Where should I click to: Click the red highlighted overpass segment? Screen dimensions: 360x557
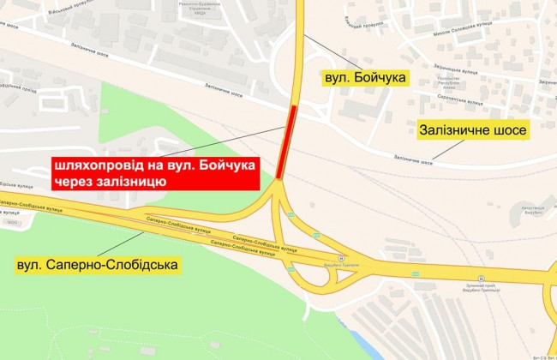(291, 141)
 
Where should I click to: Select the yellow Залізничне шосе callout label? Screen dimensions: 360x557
(472, 131)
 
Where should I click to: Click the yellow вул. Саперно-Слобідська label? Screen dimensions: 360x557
(98, 266)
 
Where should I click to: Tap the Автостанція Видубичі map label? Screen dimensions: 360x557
(534, 209)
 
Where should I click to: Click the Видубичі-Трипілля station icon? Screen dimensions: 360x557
(340, 256)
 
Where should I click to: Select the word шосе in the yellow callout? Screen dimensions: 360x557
(505, 131)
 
